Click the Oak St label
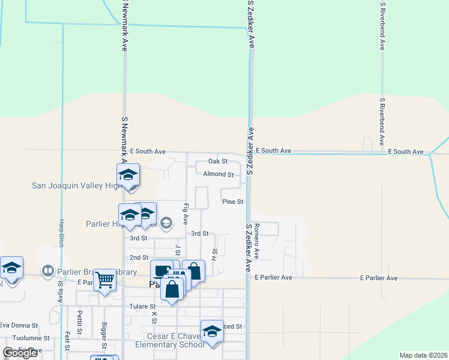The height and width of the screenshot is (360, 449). point(218,161)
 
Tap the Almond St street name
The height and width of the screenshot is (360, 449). point(218,175)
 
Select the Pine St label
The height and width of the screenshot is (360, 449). point(232,202)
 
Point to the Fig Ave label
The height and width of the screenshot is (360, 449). point(186,214)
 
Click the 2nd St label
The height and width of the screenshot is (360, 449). point(139,257)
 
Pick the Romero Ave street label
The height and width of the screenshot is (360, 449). point(256,240)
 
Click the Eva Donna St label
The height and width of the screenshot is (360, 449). point(24,325)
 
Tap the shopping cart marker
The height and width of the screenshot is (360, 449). point(104,280)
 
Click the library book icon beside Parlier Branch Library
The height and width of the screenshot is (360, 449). point(47,271)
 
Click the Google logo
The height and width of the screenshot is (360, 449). point(20,352)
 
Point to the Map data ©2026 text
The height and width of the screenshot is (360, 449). point(423,355)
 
